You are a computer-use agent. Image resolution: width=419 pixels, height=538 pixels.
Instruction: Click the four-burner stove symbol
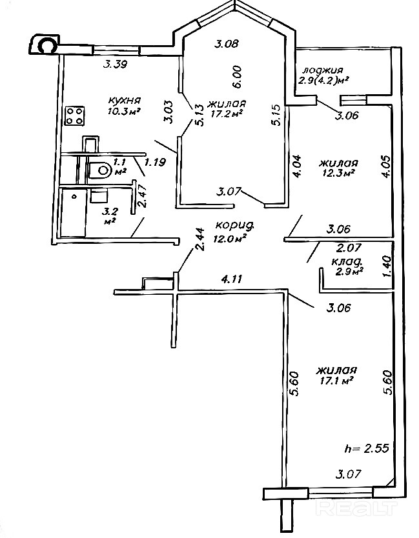pyautogui.click(x=74, y=115)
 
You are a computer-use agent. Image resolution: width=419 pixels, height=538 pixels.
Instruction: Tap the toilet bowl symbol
pyautogui.click(x=100, y=170)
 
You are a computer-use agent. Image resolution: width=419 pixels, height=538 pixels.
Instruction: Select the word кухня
pyautogui.click(x=125, y=101)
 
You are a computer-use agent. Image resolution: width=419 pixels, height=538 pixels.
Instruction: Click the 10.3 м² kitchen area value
pyautogui.click(x=125, y=112)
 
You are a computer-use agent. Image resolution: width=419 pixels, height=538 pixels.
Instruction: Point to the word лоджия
pyautogui.click(x=322, y=70)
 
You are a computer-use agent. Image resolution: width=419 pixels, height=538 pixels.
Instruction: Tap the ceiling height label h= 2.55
pyautogui.click(x=367, y=448)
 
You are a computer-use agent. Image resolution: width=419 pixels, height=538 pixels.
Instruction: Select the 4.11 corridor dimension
pyautogui.click(x=232, y=279)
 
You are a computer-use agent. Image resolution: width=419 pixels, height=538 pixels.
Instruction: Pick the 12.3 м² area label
pyautogui.click(x=337, y=174)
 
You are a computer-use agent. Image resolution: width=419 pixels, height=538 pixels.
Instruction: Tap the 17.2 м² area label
pyautogui.click(x=229, y=114)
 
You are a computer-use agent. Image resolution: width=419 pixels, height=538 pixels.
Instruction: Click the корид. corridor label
pyautogui.click(x=235, y=225)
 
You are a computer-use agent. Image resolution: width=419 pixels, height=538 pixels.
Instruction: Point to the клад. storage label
pyautogui.click(x=347, y=262)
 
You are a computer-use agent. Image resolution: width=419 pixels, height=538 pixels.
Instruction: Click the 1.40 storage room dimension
pyautogui.click(x=387, y=266)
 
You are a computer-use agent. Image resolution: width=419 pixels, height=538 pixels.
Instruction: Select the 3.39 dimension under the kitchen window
pyautogui.click(x=116, y=64)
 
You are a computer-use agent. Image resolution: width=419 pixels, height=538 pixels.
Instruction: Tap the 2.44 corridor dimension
pyautogui.click(x=201, y=239)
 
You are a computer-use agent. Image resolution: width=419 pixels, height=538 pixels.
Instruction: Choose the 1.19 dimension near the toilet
pyautogui.click(x=155, y=162)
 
